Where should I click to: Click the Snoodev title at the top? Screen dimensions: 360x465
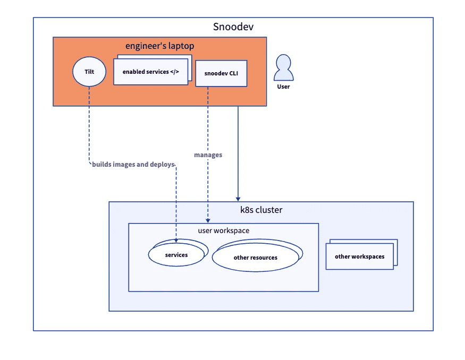click(x=233, y=27)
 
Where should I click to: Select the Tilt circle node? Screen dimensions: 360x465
click(x=89, y=71)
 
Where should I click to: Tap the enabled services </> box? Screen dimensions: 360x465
click(x=151, y=72)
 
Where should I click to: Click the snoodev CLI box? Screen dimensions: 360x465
click(x=221, y=73)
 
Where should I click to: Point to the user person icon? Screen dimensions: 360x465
click(x=283, y=68)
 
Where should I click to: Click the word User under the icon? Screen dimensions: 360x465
click(x=283, y=86)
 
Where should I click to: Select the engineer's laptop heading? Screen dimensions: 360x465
click(x=159, y=46)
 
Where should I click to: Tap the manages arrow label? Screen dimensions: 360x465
click(x=208, y=155)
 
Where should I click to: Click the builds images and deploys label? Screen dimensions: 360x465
click(x=133, y=165)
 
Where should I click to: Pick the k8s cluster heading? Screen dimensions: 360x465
click(x=261, y=210)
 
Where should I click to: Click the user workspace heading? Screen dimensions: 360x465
click(x=223, y=231)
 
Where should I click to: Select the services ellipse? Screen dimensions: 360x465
click(x=176, y=255)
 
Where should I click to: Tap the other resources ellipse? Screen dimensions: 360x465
click(x=255, y=258)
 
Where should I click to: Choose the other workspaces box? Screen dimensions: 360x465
click(x=359, y=257)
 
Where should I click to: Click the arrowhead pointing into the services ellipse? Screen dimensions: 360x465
click(x=176, y=241)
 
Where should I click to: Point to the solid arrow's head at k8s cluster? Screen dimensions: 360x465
click(x=238, y=198)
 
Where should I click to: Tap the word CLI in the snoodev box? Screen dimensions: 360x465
click(x=233, y=73)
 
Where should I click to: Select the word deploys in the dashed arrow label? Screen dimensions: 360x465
click(x=162, y=165)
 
